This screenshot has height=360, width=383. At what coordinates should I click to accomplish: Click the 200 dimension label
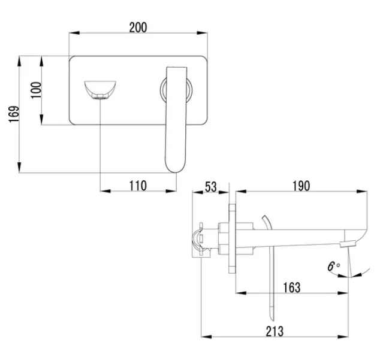click(x=138, y=28)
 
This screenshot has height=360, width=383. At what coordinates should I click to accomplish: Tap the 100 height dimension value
click(x=36, y=90)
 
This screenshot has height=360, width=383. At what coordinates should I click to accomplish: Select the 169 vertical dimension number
click(x=14, y=114)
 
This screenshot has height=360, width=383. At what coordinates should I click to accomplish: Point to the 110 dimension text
click(x=138, y=186)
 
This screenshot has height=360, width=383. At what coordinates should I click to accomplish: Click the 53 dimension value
click(x=210, y=187)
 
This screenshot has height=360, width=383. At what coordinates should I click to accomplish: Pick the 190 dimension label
click(x=301, y=186)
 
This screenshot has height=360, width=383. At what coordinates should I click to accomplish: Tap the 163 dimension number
click(x=292, y=288)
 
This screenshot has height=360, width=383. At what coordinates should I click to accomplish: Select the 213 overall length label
click(x=275, y=331)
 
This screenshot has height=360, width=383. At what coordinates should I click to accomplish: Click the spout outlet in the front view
click(x=100, y=97)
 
